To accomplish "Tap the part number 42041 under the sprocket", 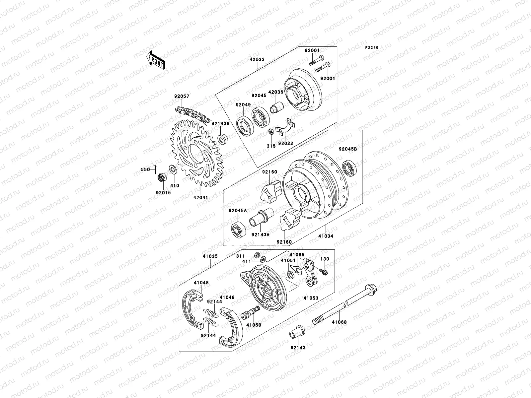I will (x=201, y=197).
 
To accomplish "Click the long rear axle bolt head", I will (x=369, y=289).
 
